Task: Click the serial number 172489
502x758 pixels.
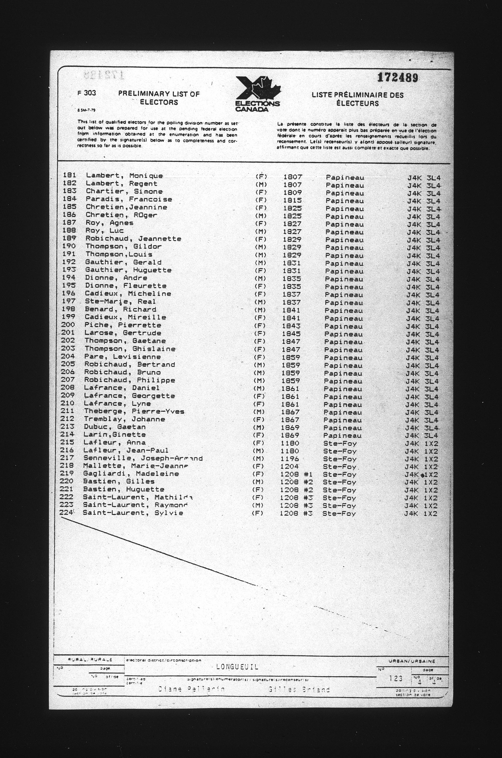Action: (x=398, y=77)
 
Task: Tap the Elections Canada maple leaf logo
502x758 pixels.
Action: (x=258, y=93)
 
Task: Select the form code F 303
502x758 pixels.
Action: (x=86, y=93)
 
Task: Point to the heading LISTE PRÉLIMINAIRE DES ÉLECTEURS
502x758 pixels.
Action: (x=358, y=99)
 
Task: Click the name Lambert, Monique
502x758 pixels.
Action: (x=124, y=176)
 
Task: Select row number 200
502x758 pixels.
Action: (x=68, y=325)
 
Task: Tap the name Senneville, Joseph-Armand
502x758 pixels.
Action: (x=143, y=458)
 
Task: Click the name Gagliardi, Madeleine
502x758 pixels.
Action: (x=131, y=474)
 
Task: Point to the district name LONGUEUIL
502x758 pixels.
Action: (x=237, y=667)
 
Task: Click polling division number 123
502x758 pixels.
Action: (x=396, y=678)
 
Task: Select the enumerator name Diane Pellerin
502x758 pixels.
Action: (x=191, y=689)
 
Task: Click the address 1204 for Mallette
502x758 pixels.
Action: (x=289, y=466)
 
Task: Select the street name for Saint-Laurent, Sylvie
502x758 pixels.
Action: (x=339, y=513)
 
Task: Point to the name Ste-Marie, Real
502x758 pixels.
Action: (x=120, y=302)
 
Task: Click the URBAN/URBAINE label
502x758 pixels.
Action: (x=412, y=661)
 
